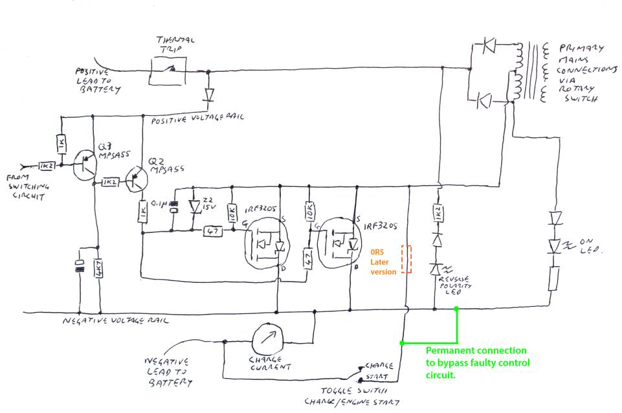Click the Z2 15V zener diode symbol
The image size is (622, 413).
click(x=194, y=207)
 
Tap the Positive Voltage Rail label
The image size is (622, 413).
click(x=194, y=120)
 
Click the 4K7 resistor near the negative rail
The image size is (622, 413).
click(x=98, y=268)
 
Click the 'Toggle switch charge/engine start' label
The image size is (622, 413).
click(x=354, y=396)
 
